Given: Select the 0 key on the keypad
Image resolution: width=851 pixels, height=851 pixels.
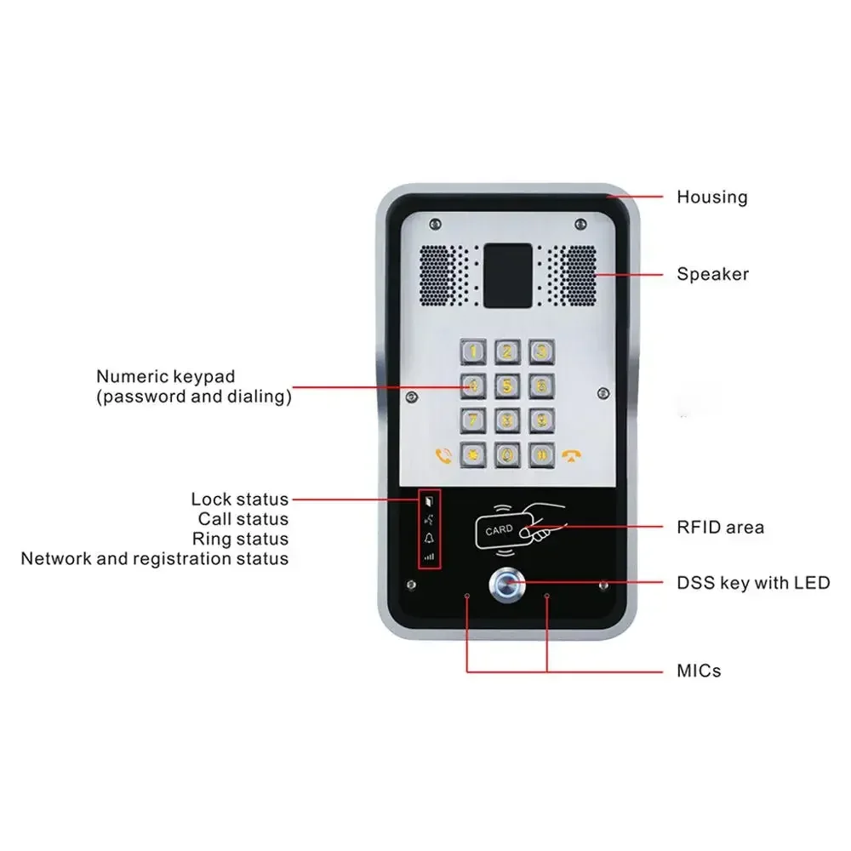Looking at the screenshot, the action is (507, 454).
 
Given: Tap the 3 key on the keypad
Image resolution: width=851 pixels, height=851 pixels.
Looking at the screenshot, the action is (540, 351).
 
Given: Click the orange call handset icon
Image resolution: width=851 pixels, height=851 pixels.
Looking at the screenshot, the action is (442, 455).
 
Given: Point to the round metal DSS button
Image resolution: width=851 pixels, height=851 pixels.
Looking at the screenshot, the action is (505, 584).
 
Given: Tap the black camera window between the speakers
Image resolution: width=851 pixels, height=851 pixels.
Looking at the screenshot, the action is (508, 276).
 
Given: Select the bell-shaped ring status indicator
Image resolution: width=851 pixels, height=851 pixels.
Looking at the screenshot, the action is (430, 538).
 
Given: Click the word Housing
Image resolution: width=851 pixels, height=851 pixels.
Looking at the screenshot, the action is (711, 197).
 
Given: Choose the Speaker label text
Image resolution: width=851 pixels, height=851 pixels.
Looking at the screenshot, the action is (712, 274).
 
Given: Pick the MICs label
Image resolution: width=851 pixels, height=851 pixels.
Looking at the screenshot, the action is (698, 671).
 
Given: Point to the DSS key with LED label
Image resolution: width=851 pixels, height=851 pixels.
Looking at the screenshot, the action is (752, 583).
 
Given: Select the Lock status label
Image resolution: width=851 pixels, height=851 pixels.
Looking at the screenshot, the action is (239, 500).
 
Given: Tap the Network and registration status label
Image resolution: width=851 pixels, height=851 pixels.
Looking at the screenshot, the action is (155, 559).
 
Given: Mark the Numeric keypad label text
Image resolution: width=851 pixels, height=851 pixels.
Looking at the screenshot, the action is (165, 376).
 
